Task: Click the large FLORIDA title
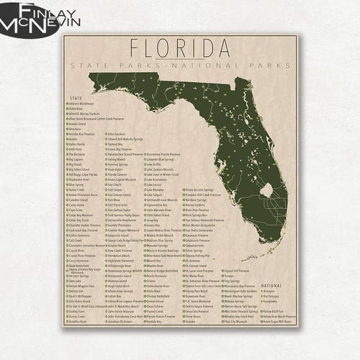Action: pos(180,48)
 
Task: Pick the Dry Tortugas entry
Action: pos(272,296)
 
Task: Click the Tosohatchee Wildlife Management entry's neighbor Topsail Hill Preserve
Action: pos(238,271)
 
